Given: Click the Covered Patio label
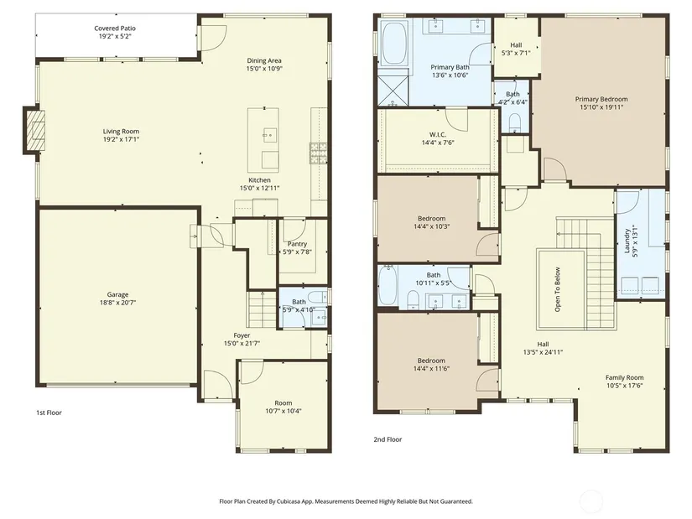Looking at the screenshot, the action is (x=115, y=29).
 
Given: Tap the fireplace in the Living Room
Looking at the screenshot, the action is (x=35, y=131).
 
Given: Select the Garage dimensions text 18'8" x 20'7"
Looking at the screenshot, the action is (x=117, y=303).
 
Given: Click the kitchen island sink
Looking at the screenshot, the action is (x=270, y=133).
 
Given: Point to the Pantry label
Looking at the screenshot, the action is (x=297, y=244).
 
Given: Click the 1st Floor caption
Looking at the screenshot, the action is (x=49, y=413).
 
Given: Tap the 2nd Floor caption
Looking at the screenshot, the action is (x=388, y=439).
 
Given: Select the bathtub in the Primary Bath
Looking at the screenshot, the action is (x=395, y=44).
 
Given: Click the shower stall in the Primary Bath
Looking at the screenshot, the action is (x=393, y=91).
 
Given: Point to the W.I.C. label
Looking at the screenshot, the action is (x=437, y=135).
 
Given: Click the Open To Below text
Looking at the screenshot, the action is (x=558, y=289).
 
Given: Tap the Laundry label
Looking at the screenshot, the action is (x=627, y=241).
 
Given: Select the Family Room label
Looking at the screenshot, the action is (x=624, y=377).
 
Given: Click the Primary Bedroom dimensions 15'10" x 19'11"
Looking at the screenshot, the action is (x=601, y=106).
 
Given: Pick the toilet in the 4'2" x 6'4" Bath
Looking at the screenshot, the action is (x=514, y=122).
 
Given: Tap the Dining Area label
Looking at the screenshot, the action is (x=264, y=60).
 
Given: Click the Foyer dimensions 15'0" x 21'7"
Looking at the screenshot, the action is (x=242, y=343).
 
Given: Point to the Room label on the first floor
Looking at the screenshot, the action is (x=284, y=403).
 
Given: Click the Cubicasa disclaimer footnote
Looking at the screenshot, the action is (x=346, y=501).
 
